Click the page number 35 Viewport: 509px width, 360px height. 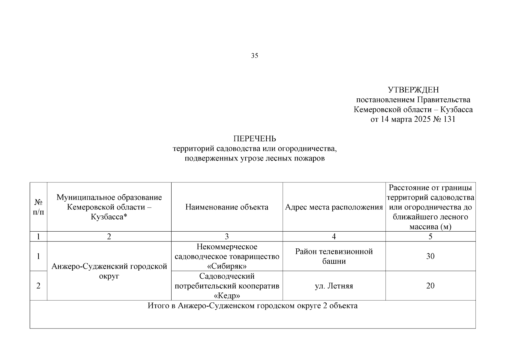[x=254, y=56]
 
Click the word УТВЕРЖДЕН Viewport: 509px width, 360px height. [x=413, y=90]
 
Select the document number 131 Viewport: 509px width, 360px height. [x=449, y=119]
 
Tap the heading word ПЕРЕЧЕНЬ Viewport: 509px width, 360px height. [x=255, y=139]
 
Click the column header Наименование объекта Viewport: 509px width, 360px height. [x=227, y=207]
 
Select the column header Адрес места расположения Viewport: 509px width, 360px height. [x=334, y=207]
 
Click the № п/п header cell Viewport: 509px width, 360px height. [x=38, y=207]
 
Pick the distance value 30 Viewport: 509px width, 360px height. [x=430, y=256]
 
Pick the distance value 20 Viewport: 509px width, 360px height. [x=430, y=286]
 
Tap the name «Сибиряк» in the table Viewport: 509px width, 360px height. [x=227, y=266]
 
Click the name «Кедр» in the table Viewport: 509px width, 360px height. [x=227, y=296]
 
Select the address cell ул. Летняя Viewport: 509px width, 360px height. [x=334, y=286]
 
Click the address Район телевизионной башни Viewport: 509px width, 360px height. [x=334, y=256]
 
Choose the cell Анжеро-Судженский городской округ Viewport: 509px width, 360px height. [x=109, y=271]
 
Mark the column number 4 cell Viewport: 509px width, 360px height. [x=334, y=237]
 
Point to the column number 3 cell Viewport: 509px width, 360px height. [x=227, y=237]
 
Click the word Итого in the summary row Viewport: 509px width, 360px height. [x=158, y=306]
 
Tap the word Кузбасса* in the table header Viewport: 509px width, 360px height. [x=109, y=217]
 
